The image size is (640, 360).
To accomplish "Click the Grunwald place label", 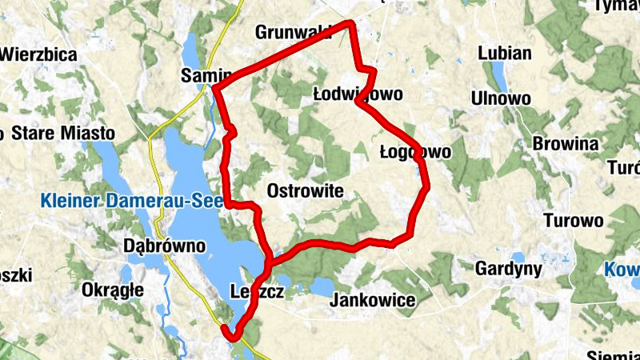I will pyautogui.click(x=293, y=32).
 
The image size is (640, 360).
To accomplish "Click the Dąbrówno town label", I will pyautogui.click(x=166, y=246).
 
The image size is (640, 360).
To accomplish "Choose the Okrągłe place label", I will pyautogui.click(x=113, y=290).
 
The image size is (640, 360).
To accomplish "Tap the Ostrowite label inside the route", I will pyautogui.click(x=305, y=191).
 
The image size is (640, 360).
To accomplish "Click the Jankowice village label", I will pyautogui.click(x=373, y=300).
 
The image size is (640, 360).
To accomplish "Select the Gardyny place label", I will pyautogui.click(x=509, y=268).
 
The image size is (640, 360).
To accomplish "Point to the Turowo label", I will pyautogui.click(x=572, y=221).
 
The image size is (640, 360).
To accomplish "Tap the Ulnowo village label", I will pyautogui.click(x=502, y=98).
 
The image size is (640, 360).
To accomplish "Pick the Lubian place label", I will pyautogui.click(x=504, y=54).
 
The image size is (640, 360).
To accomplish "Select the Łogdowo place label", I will pyautogui.click(x=415, y=151).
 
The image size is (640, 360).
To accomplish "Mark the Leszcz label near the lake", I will pyautogui.click(x=256, y=291).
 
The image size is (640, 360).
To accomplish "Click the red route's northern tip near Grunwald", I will pyautogui.click(x=350, y=25).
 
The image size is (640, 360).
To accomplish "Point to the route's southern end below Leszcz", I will pyautogui.click(x=234, y=336).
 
